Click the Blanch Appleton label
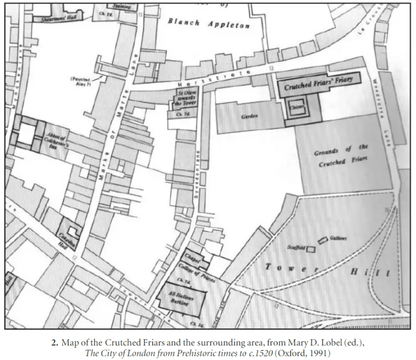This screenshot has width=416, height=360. pyautogui.click(x=209, y=24)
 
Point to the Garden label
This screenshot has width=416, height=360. pyautogui.click(x=250, y=117)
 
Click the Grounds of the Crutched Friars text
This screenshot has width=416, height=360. pyautogui.click(x=341, y=155)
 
